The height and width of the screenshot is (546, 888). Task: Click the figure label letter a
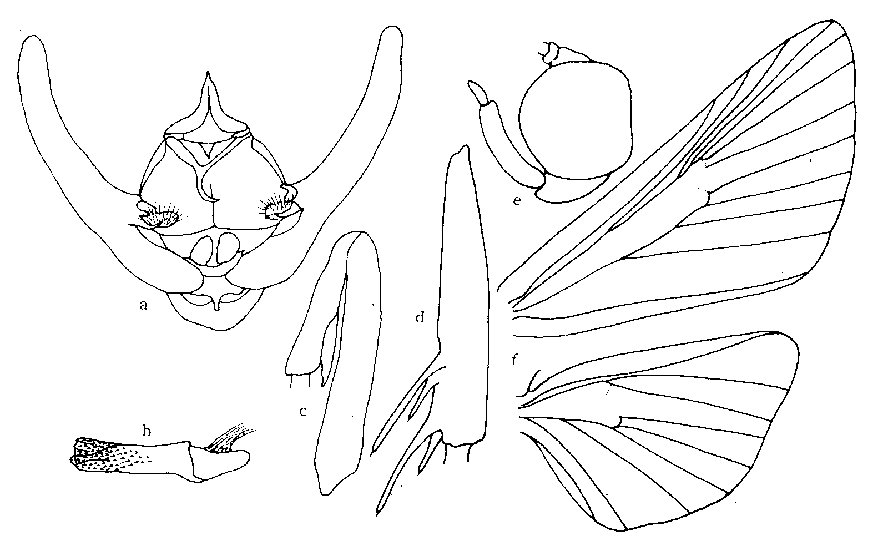(144, 305)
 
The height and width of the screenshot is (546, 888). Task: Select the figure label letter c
(303, 412)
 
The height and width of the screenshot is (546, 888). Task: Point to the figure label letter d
(420, 317)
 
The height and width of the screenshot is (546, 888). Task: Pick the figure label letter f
(514, 360)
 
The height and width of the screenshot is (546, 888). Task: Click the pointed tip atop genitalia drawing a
(208, 73)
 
